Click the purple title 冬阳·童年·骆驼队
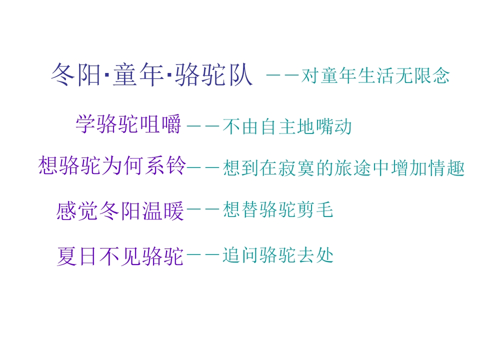pos(152,74)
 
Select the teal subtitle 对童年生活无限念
pos(375,75)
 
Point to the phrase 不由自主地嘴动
pos(287,126)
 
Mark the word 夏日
pos(76,256)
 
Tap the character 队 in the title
pos(241,74)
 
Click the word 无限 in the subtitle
pos(412,75)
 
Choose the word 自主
pos(277,126)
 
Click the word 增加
pos(408,168)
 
